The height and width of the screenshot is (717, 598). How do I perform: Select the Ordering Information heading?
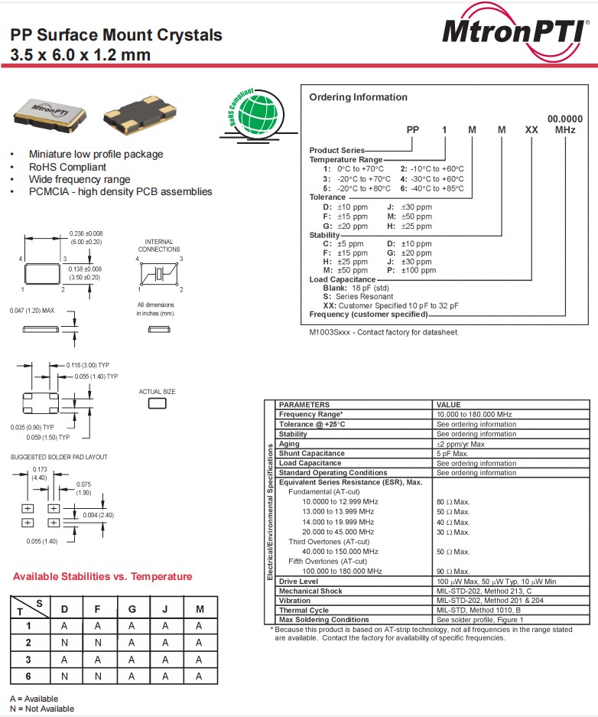click(x=358, y=97)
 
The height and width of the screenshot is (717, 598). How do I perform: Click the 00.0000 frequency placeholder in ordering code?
click(x=564, y=119)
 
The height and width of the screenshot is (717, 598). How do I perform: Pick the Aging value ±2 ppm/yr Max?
click(x=460, y=444)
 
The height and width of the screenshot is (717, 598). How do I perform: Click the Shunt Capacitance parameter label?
click(x=311, y=453)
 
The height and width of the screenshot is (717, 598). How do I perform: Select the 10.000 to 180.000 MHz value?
click(x=473, y=414)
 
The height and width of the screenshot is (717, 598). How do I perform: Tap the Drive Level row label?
click(x=298, y=582)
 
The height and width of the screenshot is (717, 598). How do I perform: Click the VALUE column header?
click(x=448, y=405)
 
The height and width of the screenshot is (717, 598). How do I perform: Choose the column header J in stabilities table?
click(x=164, y=609)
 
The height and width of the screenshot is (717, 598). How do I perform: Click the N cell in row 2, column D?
click(x=64, y=643)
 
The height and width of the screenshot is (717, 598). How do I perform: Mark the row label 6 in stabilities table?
click(x=28, y=676)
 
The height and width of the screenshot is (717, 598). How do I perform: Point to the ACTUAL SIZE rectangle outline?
click(x=157, y=403)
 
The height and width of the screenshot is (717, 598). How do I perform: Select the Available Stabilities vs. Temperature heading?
click(x=102, y=576)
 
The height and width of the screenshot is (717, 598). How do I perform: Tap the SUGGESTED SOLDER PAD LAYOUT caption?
click(x=59, y=457)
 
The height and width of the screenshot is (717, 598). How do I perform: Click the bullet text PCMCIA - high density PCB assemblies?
click(x=121, y=191)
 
